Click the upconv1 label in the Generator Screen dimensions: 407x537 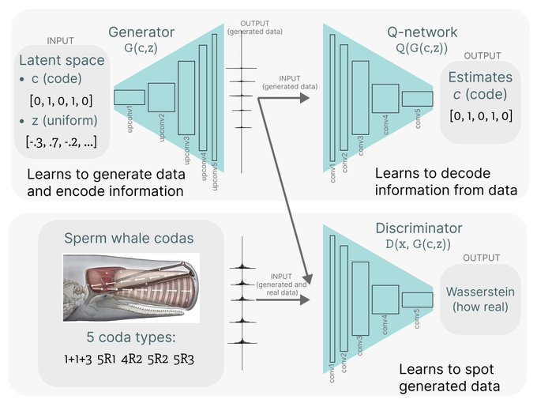coord(130,118)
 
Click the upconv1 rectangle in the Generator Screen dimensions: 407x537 coord(130,97)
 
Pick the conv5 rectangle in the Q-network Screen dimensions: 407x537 coord(417,99)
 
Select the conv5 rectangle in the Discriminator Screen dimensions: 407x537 coord(417,300)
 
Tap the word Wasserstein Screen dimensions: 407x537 coord(481,292)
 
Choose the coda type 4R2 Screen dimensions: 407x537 coord(148,359)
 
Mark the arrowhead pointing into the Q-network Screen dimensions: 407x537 coord(305,98)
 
